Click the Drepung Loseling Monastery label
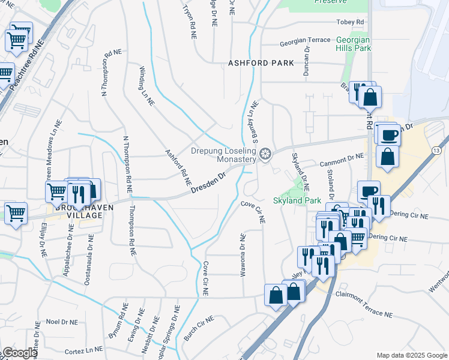pyautogui.click(x=224, y=155)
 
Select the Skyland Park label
pyautogui.click(x=297, y=200)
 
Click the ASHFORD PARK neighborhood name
pyautogui.click(x=261, y=63)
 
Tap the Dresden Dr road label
pyautogui.click(x=208, y=183)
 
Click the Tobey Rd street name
pyautogui.click(x=352, y=22)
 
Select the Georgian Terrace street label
pyautogui.click(x=305, y=40)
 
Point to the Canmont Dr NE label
pyautogui.click(x=343, y=156)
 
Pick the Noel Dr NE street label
pyautogui.click(x=62, y=322)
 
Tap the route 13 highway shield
pyautogui.click(x=435, y=149)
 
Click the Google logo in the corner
pyautogui.click(x=19, y=353)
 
